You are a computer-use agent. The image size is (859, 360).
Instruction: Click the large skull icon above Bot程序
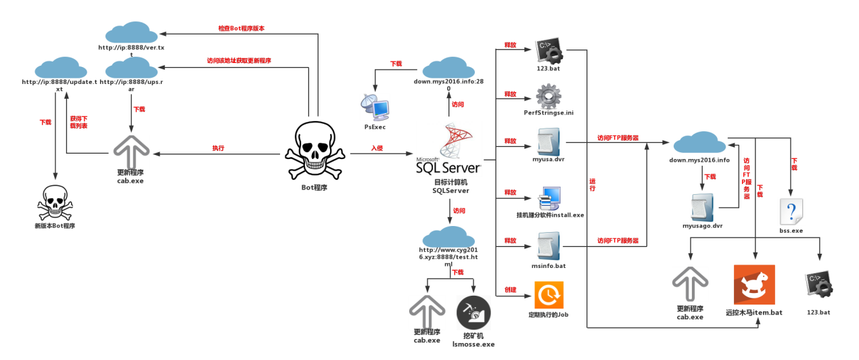point(315,151)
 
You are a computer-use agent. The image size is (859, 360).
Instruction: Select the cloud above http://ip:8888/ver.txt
point(131,32)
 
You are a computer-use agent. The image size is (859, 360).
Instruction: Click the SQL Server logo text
point(448,167)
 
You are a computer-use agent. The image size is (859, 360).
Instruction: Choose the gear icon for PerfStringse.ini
point(549,96)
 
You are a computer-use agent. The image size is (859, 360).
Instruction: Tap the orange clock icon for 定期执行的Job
point(549,295)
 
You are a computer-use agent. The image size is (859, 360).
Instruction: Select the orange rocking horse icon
point(754,284)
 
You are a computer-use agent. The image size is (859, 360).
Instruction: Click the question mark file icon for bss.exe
point(791,212)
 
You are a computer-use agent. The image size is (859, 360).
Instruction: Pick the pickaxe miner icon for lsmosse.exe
point(473,313)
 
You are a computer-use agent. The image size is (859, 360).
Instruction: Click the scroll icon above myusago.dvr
point(703,208)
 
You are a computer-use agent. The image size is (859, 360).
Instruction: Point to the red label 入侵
point(377,148)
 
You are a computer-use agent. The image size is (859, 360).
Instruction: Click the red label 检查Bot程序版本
point(241,28)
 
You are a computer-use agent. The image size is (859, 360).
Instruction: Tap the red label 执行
point(218,148)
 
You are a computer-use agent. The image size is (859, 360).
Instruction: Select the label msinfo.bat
point(549,265)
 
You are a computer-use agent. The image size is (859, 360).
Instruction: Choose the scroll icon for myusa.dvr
point(549,142)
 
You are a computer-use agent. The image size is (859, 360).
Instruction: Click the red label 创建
point(510,290)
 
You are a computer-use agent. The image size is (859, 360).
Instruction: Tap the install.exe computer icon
point(549,198)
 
